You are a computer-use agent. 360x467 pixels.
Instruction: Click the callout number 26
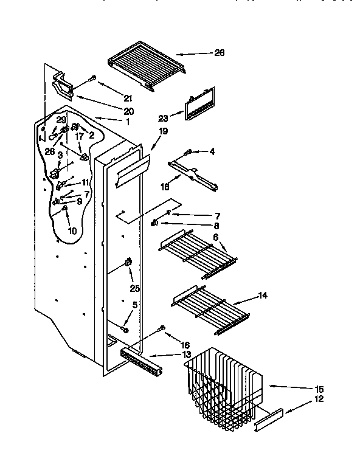point(220,53)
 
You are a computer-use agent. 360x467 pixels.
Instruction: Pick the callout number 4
point(212,151)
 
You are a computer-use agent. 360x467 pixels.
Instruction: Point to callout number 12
point(319,400)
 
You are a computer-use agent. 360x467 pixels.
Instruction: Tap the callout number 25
point(134,288)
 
